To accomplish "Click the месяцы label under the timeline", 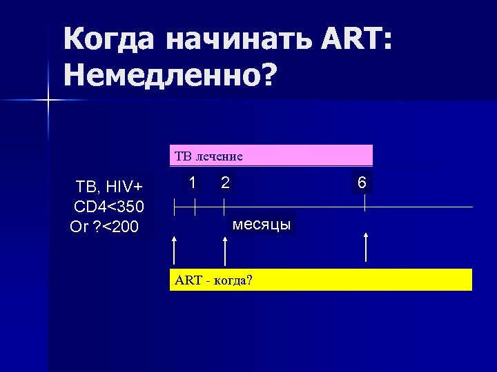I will click(x=262, y=225).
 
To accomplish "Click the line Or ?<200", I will click(x=105, y=226).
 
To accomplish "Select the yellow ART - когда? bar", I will click(x=321, y=280).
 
